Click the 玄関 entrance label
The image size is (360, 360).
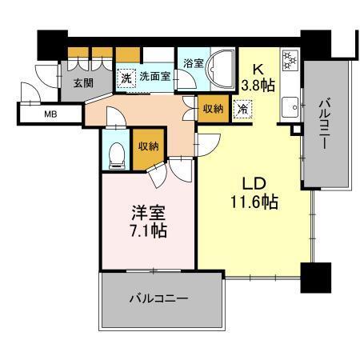pyautogui.click(x=84, y=82)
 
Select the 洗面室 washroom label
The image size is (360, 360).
pyautogui.click(x=154, y=78)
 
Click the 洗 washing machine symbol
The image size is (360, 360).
pyautogui.click(x=126, y=78)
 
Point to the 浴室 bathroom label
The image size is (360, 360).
pyautogui.click(x=192, y=62)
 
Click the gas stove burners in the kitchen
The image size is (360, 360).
pyautogui.click(x=289, y=60)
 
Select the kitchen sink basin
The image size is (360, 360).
pyautogui.click(x=289, y=105)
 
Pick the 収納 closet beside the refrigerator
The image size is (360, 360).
pyautogui.click(x=213, y=106)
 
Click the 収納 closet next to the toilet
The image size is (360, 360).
pyautogui.click(x=146, y=147)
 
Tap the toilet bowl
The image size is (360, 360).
pyautogui.click(x=116, y=151)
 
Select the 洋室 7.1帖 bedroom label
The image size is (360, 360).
pyautogui.click(x=148, y=222)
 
